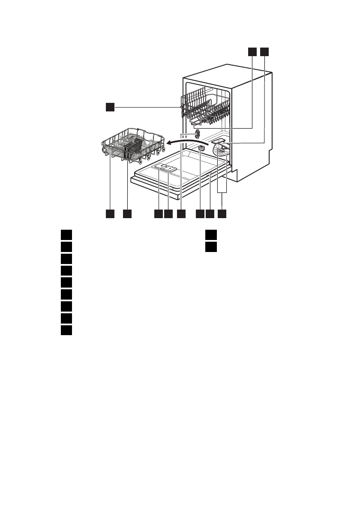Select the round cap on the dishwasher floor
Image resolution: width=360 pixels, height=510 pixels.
(201, 148)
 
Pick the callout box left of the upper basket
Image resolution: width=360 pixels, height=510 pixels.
(110, 107)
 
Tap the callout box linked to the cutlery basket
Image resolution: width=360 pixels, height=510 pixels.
(127, 213)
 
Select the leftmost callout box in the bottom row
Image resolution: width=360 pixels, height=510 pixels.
(110, 213)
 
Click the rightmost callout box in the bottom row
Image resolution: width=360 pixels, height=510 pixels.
(222, 213)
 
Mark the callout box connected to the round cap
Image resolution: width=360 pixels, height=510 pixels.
(200, 213)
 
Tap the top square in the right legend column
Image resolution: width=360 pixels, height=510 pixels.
(210, 234)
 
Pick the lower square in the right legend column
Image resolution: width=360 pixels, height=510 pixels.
(210, 246)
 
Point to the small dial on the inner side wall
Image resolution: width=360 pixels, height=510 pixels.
(198, 134)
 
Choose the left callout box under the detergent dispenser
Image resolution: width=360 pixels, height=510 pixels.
(159, 213)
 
